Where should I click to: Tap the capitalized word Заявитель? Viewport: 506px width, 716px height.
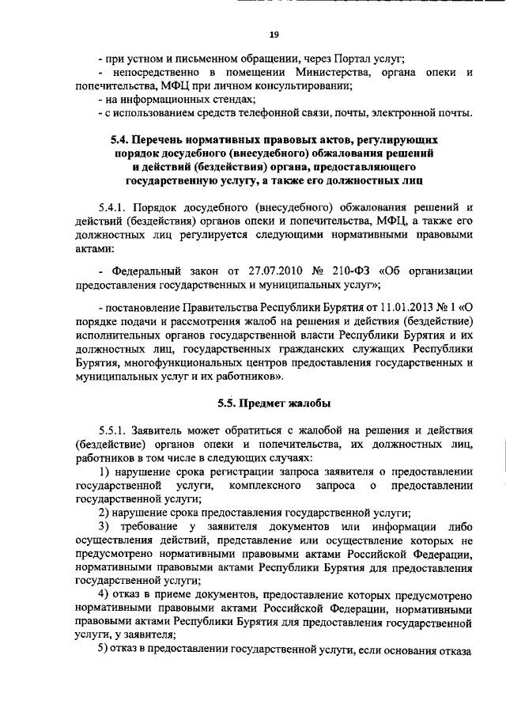(x=168, y=432)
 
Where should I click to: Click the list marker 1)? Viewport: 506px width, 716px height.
(x=102, y=472)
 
